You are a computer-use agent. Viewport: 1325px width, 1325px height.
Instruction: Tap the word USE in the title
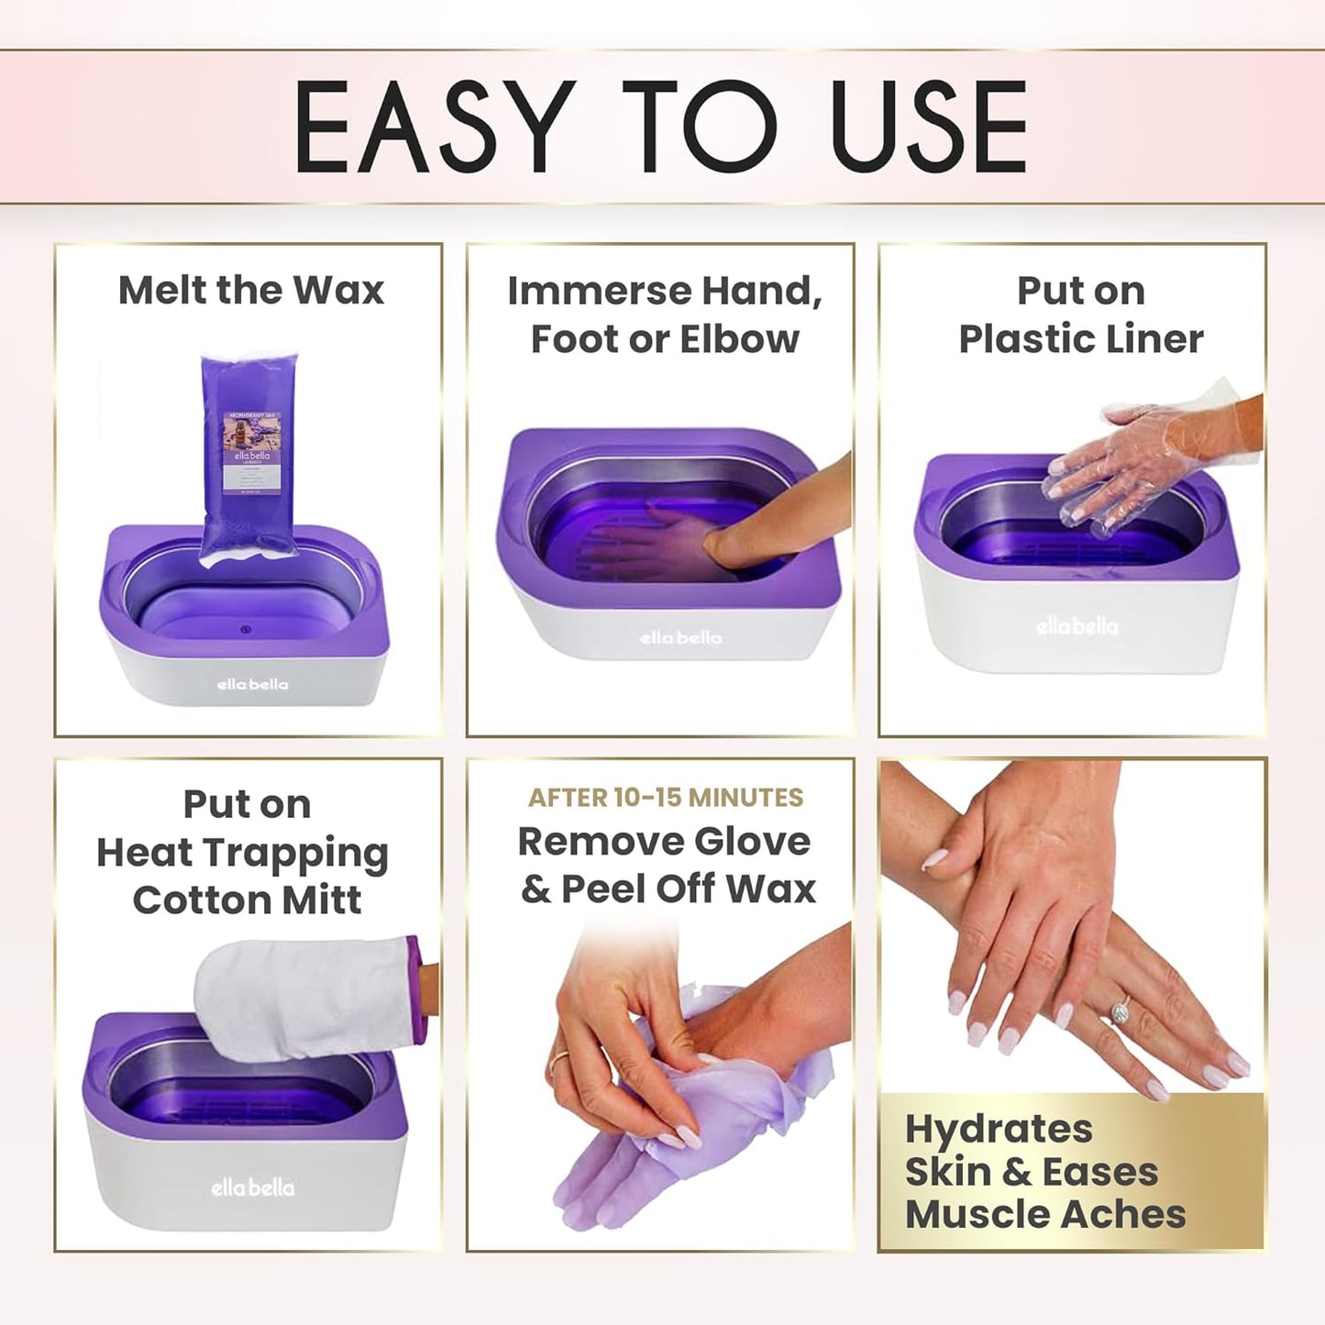(928, 127)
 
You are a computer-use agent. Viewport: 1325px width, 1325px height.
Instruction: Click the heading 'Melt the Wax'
(250, 291)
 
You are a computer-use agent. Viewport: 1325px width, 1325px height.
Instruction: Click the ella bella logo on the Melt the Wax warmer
(252, 684)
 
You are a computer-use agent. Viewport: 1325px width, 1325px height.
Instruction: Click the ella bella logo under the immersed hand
(680, 637)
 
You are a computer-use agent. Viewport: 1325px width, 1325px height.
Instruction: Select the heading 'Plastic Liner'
(1080, 339)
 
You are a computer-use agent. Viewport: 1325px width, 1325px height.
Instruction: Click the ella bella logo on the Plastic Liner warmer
(1077, 627)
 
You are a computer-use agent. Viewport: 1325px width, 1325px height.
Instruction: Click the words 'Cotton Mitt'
(247, 900)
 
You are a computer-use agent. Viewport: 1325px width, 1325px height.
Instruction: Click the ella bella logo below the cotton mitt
(252, 1187)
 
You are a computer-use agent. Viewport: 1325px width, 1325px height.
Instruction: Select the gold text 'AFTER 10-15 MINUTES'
(665, 798)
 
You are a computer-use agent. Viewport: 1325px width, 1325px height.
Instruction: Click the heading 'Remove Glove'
(664, 842)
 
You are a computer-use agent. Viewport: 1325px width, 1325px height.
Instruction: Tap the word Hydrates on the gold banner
(999, 1130)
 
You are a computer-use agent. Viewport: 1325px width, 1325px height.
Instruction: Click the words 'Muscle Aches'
(1045, 1214)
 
